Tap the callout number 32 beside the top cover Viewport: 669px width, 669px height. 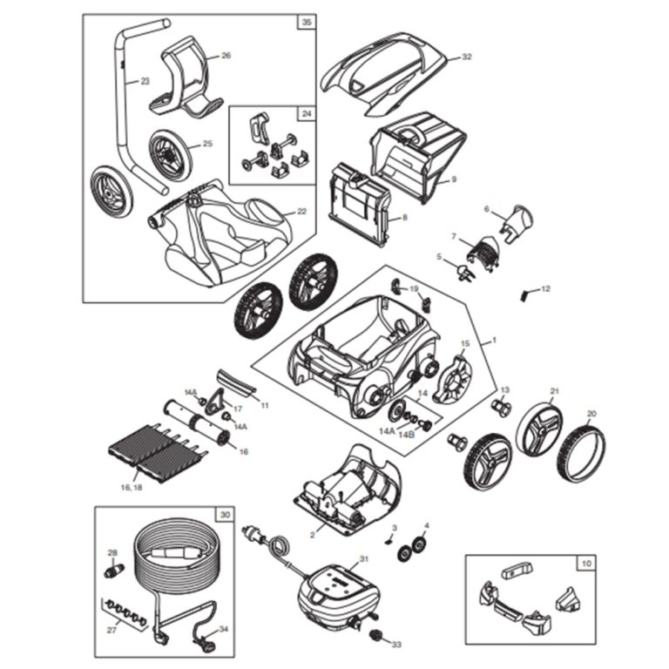[x=466, y=57]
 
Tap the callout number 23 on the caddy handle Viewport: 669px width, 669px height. [x=145, y=81]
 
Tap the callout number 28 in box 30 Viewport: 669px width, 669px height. [x=111, y=552]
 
